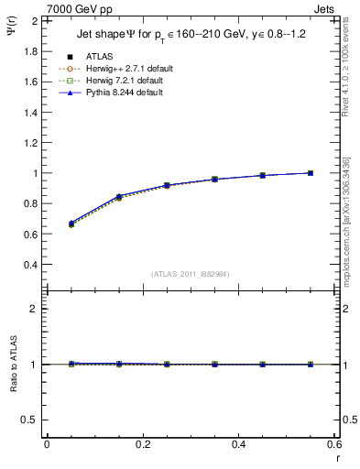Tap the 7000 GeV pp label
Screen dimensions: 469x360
point(79,8)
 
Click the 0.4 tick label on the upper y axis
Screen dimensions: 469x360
point(31,265)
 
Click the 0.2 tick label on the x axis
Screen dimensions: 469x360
point(143,444)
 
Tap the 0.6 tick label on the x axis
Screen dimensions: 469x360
point(334,444)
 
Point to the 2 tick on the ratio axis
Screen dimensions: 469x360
point(35,309)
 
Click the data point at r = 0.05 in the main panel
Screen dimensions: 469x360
point(71,224)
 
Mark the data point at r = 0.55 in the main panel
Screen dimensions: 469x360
point(311,173)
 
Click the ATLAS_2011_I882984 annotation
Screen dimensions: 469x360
point(191,274)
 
